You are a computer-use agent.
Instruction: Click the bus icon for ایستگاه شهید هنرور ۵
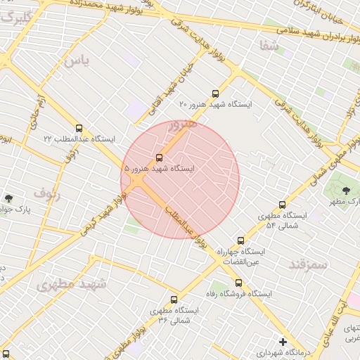(159, 157)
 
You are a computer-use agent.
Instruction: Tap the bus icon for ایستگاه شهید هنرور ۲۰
(215, 94)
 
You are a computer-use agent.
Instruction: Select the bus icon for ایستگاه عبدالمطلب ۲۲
(79, 129)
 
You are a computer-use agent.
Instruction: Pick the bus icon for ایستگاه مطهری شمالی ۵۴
(282, 205)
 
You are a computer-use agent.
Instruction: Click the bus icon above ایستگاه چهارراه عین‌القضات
(241, 240)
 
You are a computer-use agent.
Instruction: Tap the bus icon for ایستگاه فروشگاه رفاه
(239, 283)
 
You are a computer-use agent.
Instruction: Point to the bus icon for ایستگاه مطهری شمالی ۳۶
(174, 300)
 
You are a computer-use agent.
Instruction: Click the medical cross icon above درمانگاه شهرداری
(283, 342)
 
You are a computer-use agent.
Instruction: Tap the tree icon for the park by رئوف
(8, 199)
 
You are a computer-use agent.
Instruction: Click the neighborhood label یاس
(77, 61)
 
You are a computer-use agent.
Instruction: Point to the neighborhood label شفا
(269, 46)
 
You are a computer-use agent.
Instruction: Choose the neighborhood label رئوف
(47, 194)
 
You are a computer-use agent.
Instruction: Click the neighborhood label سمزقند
(308, 264)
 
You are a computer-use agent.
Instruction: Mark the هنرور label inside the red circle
(182, 127)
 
